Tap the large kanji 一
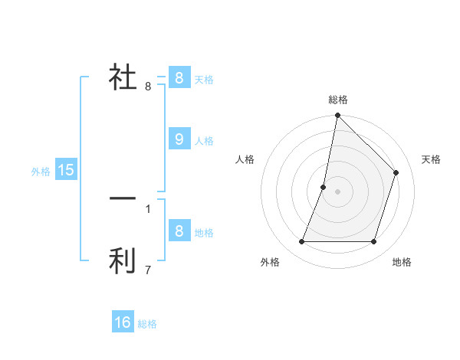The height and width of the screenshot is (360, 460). tap(123, 198)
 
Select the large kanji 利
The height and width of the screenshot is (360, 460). tap(123, 260)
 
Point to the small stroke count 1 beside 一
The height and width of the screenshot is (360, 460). tap(148, 208)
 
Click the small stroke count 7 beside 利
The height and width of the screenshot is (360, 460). tap(148, 270)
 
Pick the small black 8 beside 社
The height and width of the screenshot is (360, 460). tap(148, 86)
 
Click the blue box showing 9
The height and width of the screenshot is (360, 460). tap(179, 139)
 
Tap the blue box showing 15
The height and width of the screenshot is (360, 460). tap(66, 170)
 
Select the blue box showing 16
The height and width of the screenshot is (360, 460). tap(123, 322)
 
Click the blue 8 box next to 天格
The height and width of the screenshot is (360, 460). tap(179, 77)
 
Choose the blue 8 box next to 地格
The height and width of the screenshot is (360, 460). tap(179, 231)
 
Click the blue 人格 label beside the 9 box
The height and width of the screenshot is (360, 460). tap(204, 141)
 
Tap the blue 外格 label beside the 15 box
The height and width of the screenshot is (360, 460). tap(41, 172)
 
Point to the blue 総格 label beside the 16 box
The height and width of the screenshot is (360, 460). tap(147, 324)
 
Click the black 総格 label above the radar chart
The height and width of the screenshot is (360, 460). tap(338, 100)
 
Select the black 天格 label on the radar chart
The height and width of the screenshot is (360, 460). tap(432, 159)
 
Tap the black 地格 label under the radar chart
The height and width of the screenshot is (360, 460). tap(402, 262)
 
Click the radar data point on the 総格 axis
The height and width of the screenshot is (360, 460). tap(337, 116)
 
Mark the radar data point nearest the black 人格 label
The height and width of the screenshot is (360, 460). tap(324, 187)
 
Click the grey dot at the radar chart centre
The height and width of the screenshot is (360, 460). tap(337, 191)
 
